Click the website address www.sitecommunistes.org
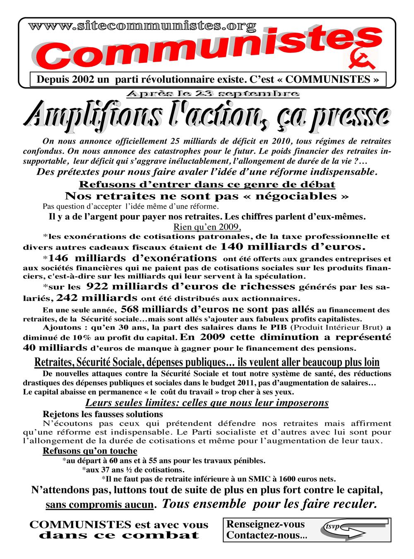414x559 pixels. (142, 26)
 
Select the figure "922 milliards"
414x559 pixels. (120, 286)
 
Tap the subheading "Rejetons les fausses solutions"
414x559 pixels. (103, 414)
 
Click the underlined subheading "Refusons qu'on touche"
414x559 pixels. (90, 451)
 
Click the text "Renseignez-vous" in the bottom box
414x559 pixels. (265, 524)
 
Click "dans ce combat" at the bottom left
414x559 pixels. (119, 535)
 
